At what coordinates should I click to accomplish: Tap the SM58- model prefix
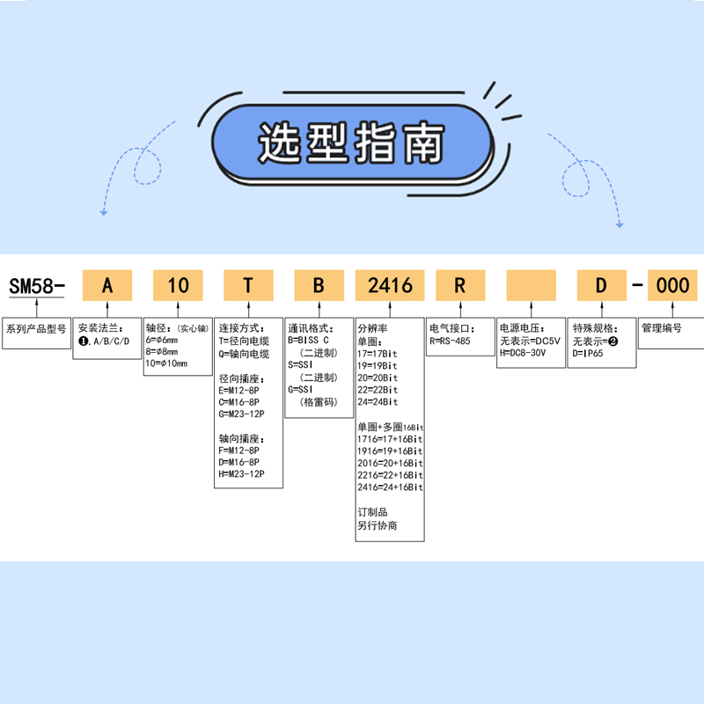[x=36, y=286]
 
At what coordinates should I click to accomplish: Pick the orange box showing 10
[x=178, y=285]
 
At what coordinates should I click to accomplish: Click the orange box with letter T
[x=248, y=285]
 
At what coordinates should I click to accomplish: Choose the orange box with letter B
[x=319, y=285]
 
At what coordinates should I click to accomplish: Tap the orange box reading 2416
[x=390, y=285]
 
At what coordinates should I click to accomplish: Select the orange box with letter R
[x=459, y=285]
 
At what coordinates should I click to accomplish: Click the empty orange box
[x=531, y=285]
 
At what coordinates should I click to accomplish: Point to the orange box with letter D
[x=601, y=285]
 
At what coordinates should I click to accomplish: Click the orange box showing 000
[x=673, y=285]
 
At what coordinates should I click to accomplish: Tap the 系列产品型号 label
[x=36, y=328]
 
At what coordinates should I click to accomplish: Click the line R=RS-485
[x=455, y=341]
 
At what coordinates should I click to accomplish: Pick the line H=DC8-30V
[x=527, y=352]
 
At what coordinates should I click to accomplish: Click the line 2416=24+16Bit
[x=390, y=487]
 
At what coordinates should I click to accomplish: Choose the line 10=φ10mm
[x=166, y=363]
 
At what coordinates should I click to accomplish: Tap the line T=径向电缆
[x=246, y=341]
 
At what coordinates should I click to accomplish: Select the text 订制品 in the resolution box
[x=372, y=511]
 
